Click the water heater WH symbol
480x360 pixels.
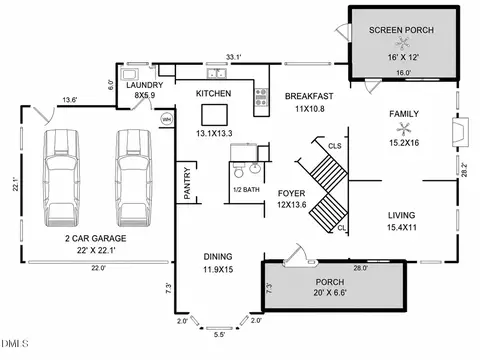tap(166, 119)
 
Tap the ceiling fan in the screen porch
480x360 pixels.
tap(403, 43)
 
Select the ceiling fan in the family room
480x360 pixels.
tap(404, 129)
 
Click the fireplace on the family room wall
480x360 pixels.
tap(460, 132)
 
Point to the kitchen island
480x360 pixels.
tap(214, 115)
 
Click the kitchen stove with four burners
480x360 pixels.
tap(261, 97)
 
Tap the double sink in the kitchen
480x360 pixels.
tap(216, 73)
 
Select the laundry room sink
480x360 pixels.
tap(130, 74)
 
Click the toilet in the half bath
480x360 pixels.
tap(238, 170)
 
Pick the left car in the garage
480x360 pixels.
tap(61, 178)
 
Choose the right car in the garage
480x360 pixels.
tap(133, 178)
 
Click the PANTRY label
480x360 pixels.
tap(187, 183)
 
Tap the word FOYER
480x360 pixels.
tap(291, 193)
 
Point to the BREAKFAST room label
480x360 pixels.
tap(309, 96)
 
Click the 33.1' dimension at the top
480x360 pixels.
tap(234, 57)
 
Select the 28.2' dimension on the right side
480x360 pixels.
tap(464, 169)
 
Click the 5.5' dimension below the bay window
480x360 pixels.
tap(219, 335)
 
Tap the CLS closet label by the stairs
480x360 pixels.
tap(335, 146)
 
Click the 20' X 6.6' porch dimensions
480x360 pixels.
tap(330, 293)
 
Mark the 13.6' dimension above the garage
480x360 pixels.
tap(70, 100)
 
